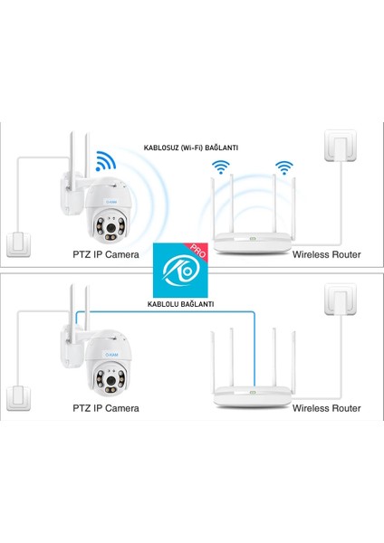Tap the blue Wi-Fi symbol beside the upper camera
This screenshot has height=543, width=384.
click(x=106, y=163)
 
